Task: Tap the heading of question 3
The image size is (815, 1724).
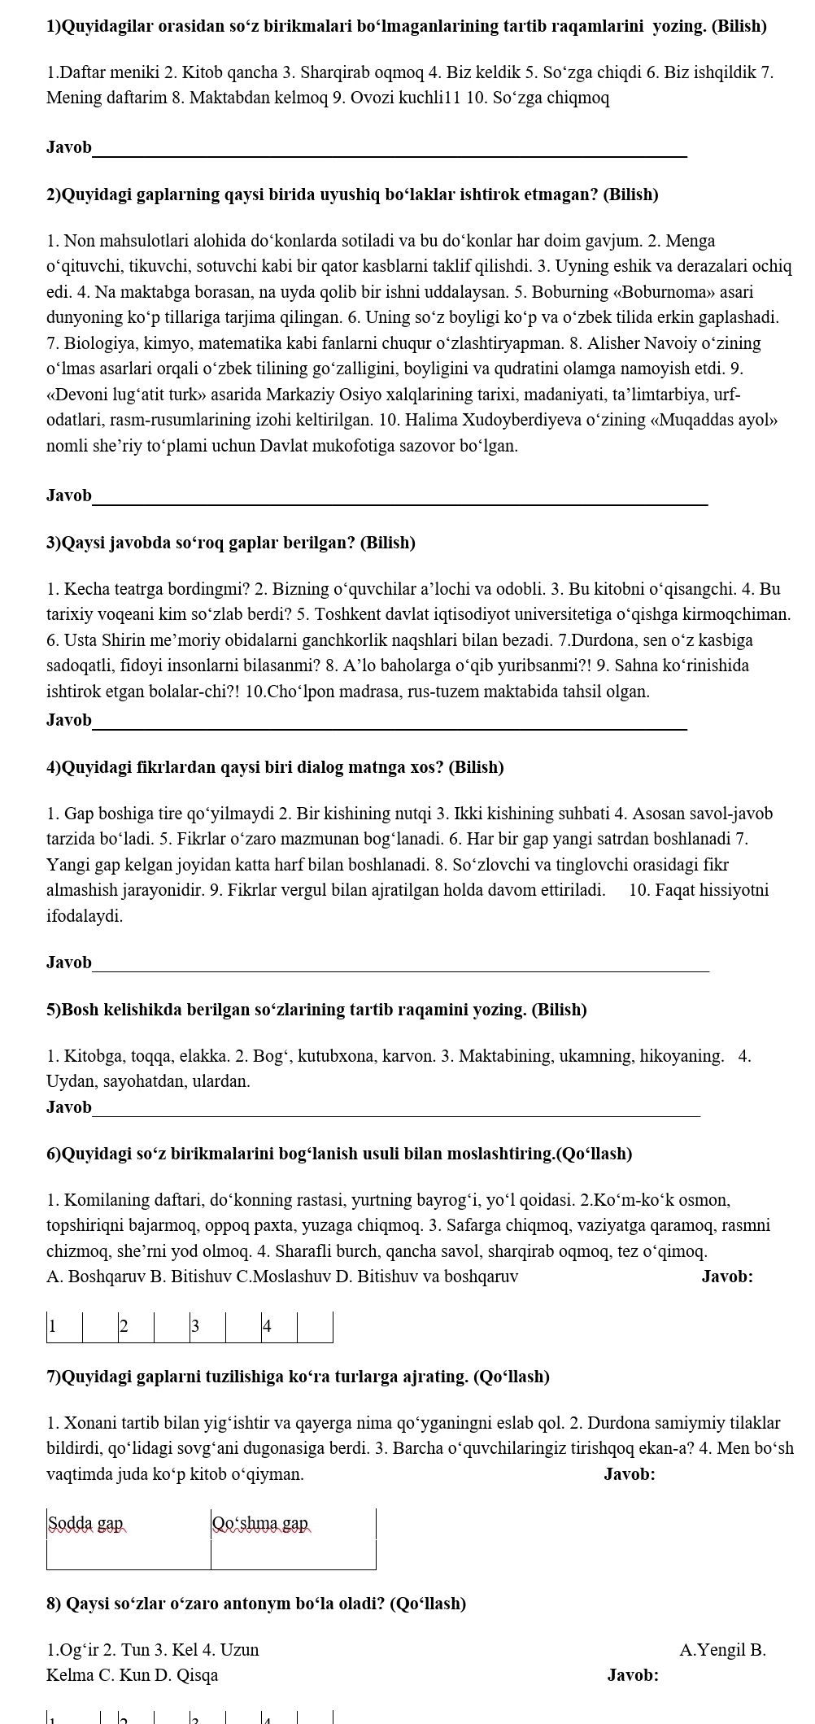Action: [x=231, y=543]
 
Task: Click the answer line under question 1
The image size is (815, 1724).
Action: [x=389, y=154]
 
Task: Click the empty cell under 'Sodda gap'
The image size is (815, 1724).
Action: [x=129, y=1555]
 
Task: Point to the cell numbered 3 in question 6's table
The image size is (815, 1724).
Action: [x=208, y=1327]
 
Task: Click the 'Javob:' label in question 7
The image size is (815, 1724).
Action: [x=630, y=1474]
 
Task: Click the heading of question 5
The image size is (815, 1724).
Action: [x=316, y=1010]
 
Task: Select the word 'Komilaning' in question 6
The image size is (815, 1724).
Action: [x=105, y=1199]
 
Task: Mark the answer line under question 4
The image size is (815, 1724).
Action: [x=400, y=969]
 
